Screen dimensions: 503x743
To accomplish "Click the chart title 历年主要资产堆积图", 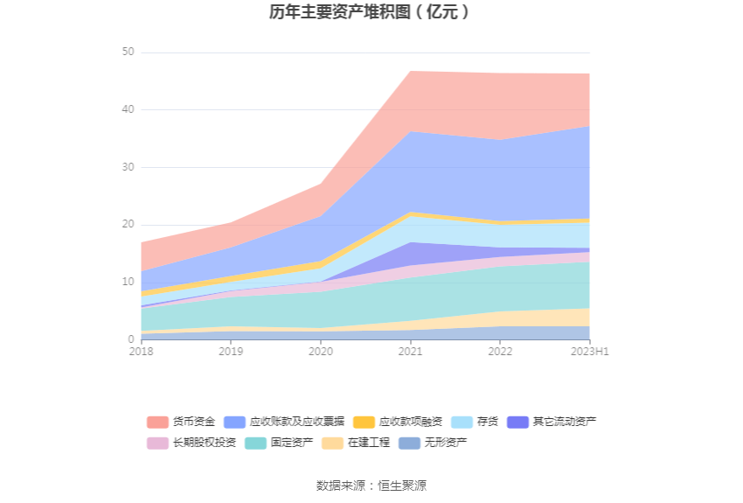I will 371,12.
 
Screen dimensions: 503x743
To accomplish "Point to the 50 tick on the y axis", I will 128,52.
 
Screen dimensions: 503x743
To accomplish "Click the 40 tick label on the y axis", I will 128,109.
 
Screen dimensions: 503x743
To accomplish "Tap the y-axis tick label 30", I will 128,167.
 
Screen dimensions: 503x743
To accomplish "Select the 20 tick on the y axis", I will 128,225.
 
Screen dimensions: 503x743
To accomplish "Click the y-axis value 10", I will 128,282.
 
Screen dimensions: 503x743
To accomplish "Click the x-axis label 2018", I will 141,352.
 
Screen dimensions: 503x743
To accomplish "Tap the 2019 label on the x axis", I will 231,352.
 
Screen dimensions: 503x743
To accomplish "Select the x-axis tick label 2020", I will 321,352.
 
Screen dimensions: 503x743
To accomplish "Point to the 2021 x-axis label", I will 410,352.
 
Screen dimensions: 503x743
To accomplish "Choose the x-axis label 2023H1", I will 589,352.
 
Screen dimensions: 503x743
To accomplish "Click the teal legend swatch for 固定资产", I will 255,443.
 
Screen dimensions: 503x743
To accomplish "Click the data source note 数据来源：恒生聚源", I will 371,486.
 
